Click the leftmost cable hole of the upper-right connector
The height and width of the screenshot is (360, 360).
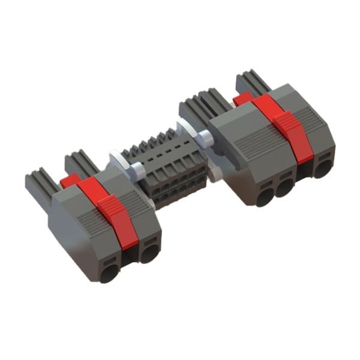[x=263, y=196]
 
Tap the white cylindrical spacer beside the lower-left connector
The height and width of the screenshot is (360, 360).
[x=135, y=170]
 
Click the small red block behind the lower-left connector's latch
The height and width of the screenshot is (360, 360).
[x=70, y=181]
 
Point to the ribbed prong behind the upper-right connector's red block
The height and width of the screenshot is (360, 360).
[x=252, y=82]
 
